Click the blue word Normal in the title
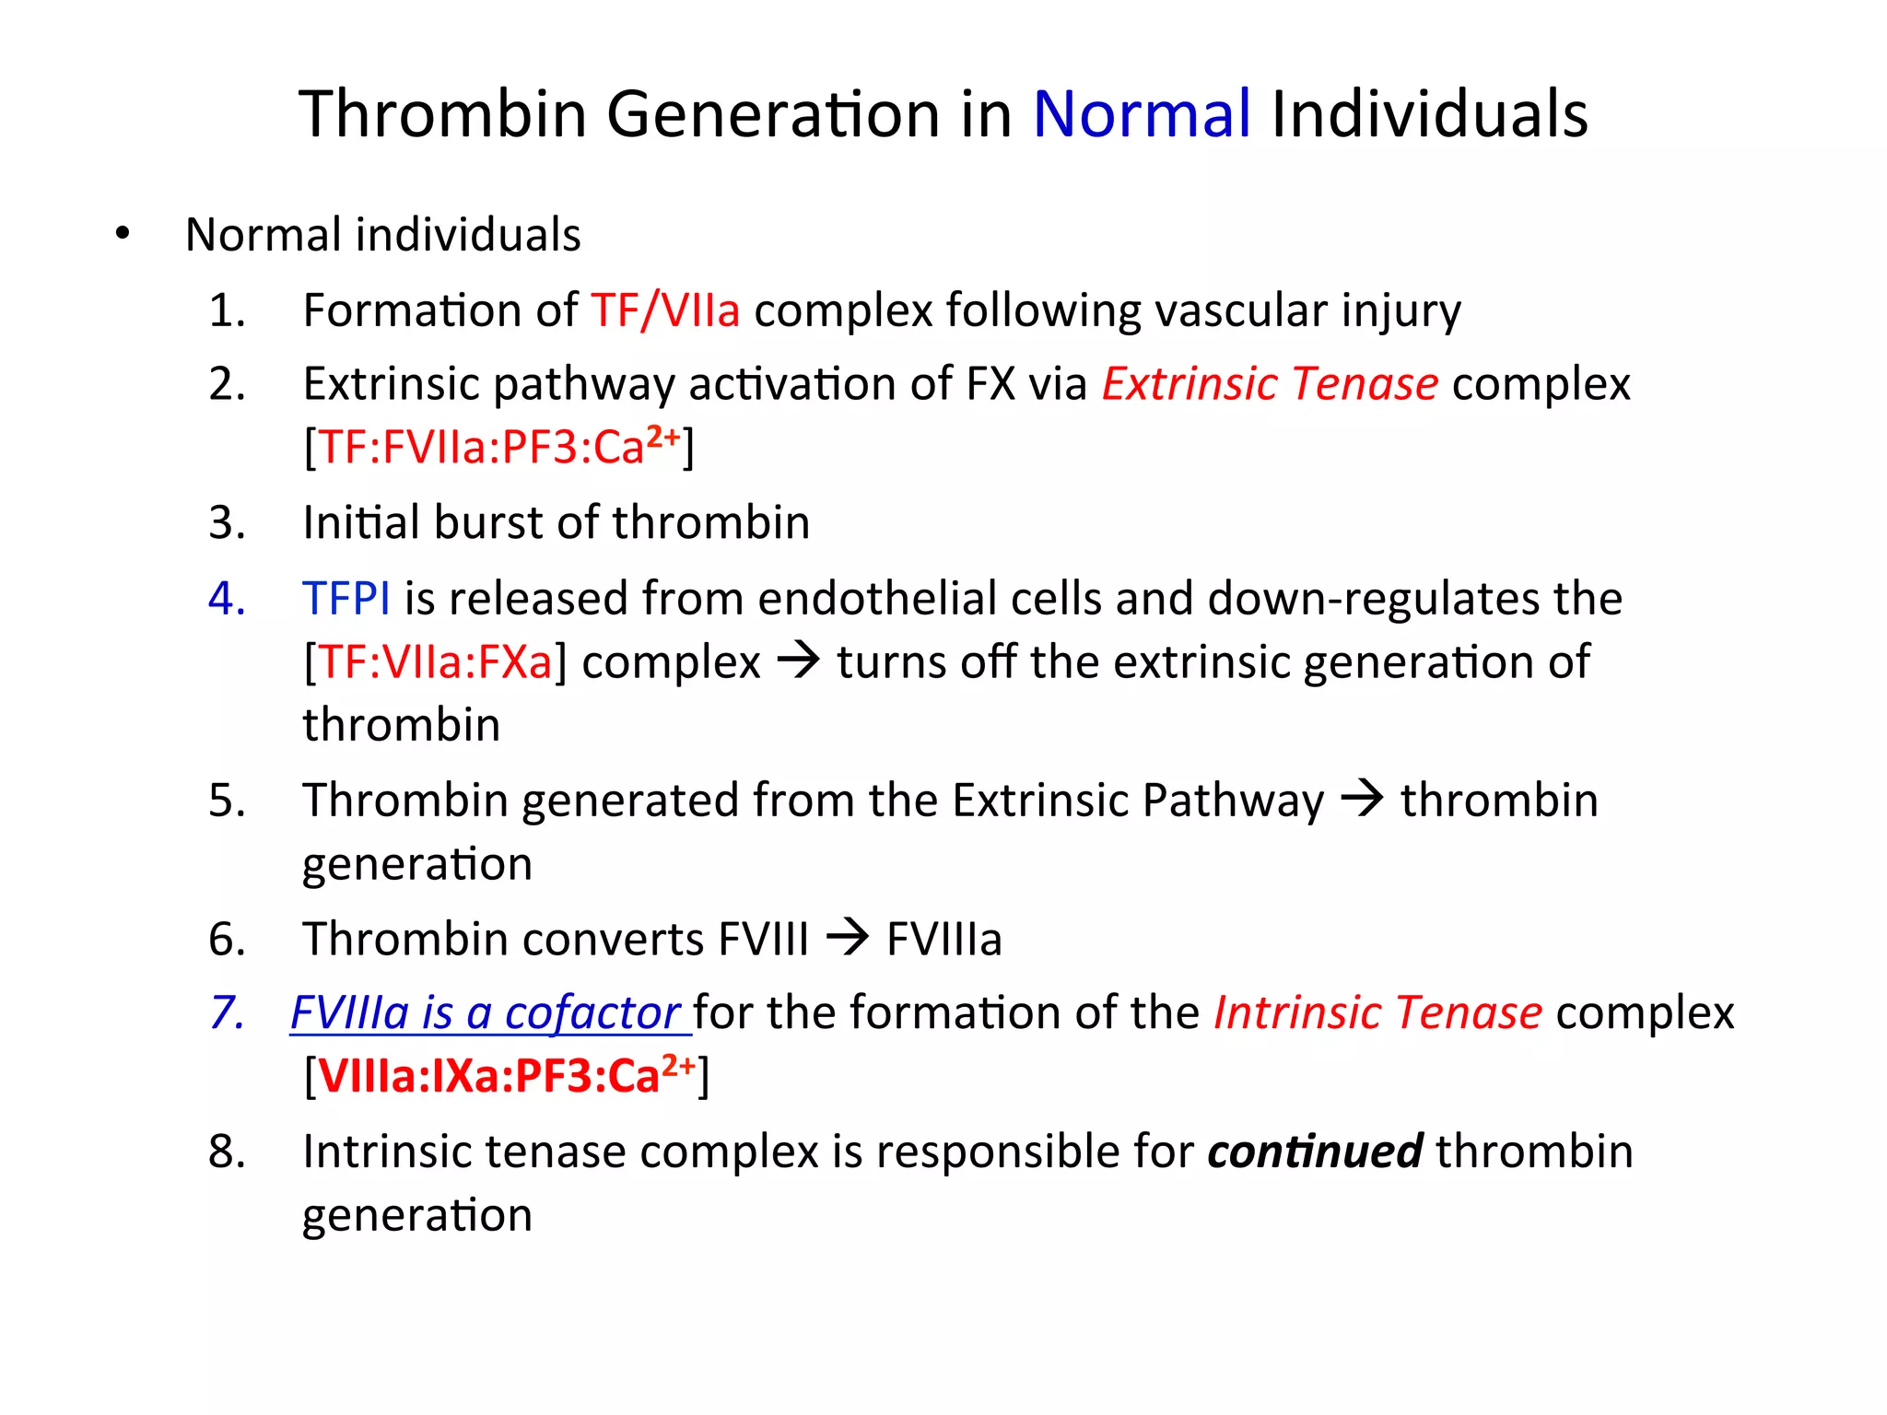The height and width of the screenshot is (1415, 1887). tap(1141, 114)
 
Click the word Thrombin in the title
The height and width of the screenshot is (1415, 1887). tap(442, 114)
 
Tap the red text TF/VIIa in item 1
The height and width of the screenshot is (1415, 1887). tap(664, 310)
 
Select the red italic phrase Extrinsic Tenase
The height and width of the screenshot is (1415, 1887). tap(1269, 384)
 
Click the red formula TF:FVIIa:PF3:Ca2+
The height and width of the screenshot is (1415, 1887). tap(498, 448)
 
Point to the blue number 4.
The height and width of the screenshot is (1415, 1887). tap(226, 599)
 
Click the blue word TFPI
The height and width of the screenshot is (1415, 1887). tap(346, 599)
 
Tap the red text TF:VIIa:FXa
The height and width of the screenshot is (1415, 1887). tap(435, 662)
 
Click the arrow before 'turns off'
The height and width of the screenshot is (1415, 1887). tap(798, 661)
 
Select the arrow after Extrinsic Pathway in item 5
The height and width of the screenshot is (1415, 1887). tap(1362, 799)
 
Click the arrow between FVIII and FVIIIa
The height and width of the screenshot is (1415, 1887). tap(847, 939)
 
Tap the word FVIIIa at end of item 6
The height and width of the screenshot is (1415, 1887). tap(943, 940)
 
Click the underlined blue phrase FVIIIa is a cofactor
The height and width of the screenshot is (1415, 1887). tap(486, 1013)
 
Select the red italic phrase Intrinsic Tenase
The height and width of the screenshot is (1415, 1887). tap(1377, 1013)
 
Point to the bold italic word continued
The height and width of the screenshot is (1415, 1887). tap(1314, 1152)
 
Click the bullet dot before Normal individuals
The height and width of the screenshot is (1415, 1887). tap(123, 235)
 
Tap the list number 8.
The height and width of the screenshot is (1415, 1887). tap(226, 1152)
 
